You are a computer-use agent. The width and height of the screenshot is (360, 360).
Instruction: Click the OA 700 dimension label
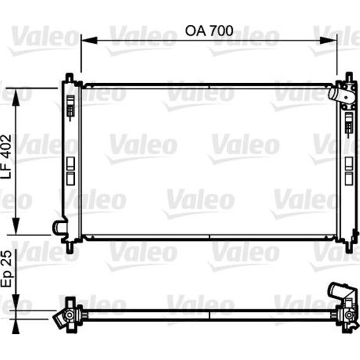[x=209, y=31]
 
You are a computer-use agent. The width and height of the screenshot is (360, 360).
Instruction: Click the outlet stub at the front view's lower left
[x=58, y=227]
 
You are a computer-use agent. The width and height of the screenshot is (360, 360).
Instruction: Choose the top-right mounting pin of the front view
[x=348, y=76]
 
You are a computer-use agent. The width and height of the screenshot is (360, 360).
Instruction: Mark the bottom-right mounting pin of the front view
[x=348, y=247]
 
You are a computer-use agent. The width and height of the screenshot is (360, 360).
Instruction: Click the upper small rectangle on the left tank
[x=70, y=162]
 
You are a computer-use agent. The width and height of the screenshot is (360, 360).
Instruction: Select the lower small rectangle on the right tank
[x=348, y=179]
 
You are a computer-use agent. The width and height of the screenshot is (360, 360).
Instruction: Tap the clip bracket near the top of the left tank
[x=70, y=108]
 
